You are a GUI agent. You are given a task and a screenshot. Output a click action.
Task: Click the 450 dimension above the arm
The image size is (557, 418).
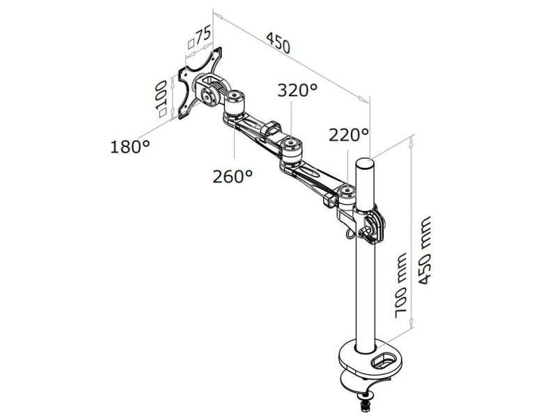[276, 44]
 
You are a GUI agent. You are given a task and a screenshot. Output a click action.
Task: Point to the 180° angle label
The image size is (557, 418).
[130, 147]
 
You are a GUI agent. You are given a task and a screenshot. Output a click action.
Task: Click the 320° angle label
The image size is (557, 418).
[297, 90]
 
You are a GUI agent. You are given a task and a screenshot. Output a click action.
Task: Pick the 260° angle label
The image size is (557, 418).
[233, 176]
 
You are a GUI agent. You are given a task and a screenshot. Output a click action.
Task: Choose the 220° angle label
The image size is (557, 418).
[350, 134]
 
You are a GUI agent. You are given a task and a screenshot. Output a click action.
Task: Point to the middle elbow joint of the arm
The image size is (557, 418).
[290, 148]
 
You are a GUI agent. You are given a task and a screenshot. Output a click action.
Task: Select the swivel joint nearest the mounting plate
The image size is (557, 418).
[234, 98]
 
